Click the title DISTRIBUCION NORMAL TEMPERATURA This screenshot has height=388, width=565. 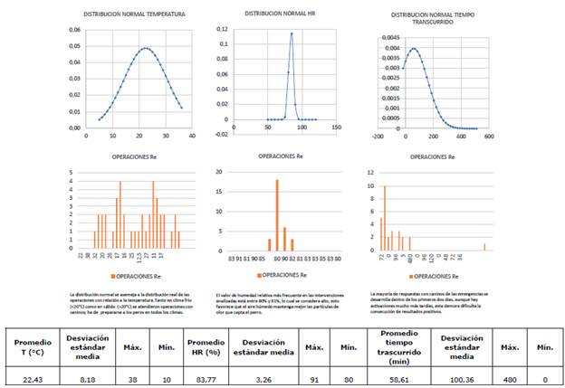(128, 15)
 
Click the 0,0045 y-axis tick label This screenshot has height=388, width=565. (376, 39)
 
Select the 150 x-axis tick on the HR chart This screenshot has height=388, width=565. (337, 128)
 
